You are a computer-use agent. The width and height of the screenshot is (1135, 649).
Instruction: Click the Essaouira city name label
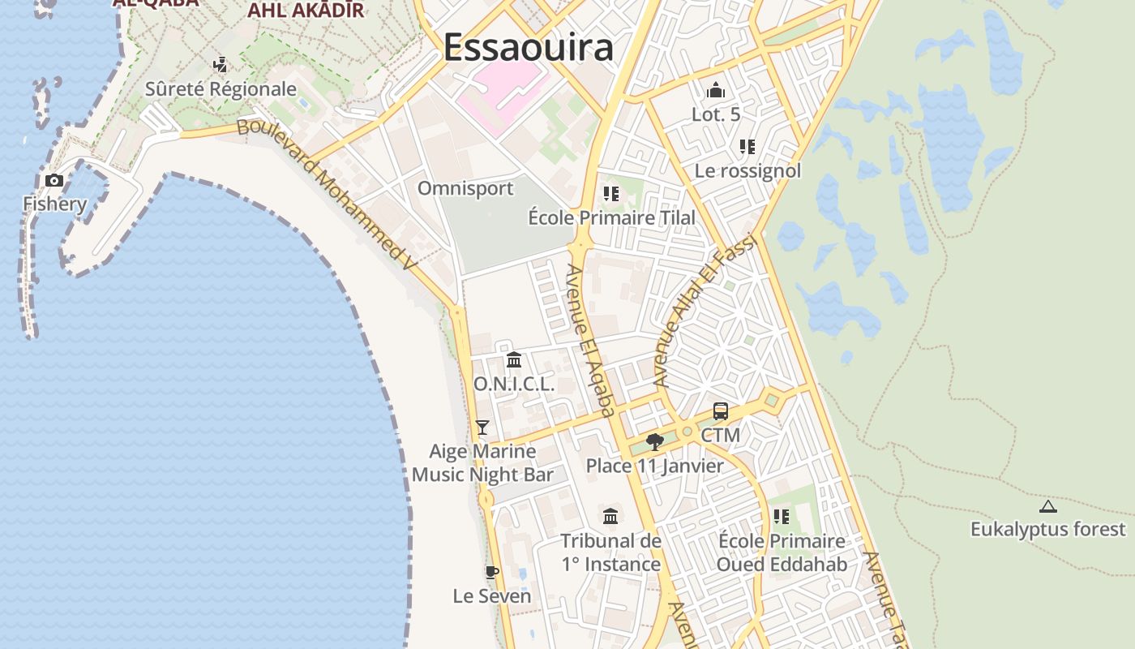click(x=528, y=47)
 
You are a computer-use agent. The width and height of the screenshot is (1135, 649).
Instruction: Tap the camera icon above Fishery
click(x=54, y=181)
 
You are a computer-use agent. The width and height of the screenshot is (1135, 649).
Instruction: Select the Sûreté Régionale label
click(x=221, y=89)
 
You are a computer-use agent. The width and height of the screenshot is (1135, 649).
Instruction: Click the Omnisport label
click(x=465, y=189)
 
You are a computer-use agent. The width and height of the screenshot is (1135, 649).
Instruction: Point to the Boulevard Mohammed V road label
click(x=327, y=195)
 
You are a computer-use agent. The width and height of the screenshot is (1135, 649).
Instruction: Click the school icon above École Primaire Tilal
click(x=611, y=194)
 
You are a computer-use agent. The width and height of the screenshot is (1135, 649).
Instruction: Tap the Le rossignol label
click(x=747, y=171)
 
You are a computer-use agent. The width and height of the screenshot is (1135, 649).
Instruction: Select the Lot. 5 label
click(x=716, y=115)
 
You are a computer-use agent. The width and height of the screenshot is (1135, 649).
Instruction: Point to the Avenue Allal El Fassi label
click(x=704, y=310)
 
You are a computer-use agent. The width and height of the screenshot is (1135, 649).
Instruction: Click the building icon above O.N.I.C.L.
click(x=514, y=359)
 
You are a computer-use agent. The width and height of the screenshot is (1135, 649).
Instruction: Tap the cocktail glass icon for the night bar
click(x=482, y=427)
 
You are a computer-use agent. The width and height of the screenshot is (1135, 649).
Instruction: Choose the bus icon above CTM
click(x=721, y=411)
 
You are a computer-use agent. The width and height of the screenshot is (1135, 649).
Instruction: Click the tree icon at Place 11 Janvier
click(x=655, y=442)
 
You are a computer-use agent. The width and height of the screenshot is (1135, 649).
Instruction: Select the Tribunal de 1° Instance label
click(x=611, y=552)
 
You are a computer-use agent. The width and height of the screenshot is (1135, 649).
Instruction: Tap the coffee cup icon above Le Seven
click(x=491, y=572)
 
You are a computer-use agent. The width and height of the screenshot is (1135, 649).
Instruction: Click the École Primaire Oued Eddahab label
click(x=782, y=552)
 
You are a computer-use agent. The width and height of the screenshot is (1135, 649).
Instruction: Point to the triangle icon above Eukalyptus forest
click(x=1048, y=507)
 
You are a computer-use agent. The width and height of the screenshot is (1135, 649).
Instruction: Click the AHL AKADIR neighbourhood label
click(x=306, y=10)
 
